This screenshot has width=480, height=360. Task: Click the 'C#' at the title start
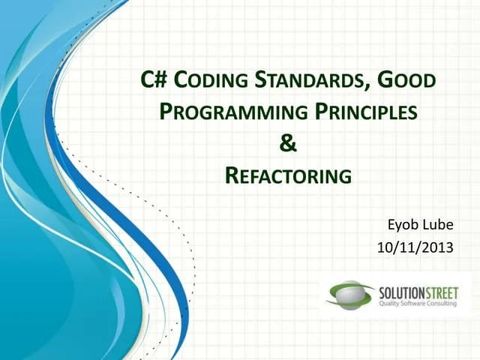tap(154, 79)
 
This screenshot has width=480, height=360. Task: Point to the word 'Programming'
tap(233, 112)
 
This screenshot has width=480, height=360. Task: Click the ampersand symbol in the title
tap(288, 143)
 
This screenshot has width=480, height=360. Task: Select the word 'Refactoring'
tap(288, 176)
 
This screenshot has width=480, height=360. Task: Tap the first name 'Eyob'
tap(402, 223)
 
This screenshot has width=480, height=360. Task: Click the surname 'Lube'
tap(439, 223)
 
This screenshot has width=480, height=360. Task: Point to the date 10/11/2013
tap(417, 246)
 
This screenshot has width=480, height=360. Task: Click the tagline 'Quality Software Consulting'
tap(415, 302)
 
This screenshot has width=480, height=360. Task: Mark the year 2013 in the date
tap(438, 246)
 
